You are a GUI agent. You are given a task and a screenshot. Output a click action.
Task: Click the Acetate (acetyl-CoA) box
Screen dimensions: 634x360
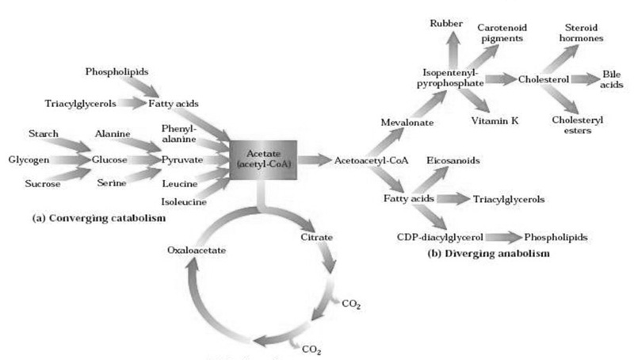(263, 159)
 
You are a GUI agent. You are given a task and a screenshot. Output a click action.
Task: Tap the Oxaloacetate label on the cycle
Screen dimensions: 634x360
(197, 250)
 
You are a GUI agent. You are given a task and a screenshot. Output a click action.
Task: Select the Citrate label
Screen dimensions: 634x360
(316, 237)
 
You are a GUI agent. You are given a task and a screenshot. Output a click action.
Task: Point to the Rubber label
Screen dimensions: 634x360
(446, 24)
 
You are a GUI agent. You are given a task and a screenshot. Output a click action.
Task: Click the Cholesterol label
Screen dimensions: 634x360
(544, 79)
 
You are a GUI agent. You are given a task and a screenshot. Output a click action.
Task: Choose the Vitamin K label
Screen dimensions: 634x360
(495, 121)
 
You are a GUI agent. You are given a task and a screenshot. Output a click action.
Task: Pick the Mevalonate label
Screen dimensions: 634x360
(407, 122)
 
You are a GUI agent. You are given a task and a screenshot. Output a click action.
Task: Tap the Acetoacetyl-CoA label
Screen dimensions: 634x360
(371, 161)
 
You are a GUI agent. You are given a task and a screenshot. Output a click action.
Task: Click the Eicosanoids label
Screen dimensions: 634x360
(453, 161)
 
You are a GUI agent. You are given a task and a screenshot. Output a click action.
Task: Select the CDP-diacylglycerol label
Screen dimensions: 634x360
(440, 237)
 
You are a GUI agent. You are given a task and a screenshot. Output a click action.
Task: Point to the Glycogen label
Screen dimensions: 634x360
(29, 159)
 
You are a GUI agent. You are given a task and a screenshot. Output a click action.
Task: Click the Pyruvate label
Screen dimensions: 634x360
(182, 159)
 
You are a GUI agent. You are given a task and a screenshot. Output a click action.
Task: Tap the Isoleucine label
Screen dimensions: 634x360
(184, 201)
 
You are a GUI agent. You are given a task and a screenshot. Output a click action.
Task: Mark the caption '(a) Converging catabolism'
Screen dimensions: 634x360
(99, 218)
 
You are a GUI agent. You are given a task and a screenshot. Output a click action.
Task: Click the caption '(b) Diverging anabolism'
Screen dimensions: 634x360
(488, 254)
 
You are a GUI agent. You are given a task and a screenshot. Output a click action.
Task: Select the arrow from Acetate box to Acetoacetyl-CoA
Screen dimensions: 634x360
(314, 159)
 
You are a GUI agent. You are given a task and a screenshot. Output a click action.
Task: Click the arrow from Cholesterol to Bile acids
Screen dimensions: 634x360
(585, 79)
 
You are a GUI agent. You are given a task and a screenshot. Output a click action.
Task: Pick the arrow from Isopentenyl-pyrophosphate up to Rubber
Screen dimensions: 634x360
(453, 49)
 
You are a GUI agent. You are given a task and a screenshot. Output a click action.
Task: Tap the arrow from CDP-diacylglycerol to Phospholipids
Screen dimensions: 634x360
(504, 237)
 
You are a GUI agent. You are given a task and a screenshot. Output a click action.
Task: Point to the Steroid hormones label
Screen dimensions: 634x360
(581, 33)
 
